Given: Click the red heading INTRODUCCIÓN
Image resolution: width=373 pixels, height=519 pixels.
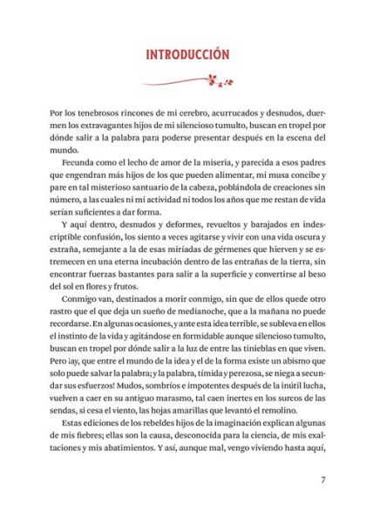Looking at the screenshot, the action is (x=186, y=54).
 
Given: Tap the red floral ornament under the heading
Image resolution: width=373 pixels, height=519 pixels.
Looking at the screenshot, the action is (x=186, y=83).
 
